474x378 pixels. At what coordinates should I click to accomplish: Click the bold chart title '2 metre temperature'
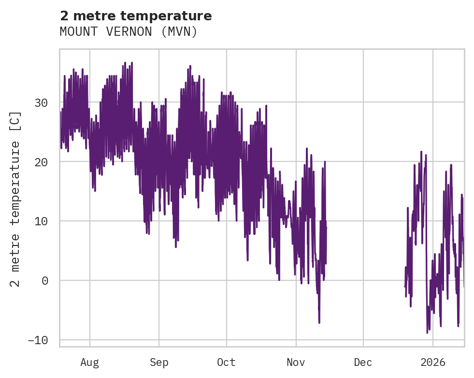pyautogui.click(x=136, y=16)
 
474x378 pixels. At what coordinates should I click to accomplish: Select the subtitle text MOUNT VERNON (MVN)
pyautogui.click(x=129, y=31)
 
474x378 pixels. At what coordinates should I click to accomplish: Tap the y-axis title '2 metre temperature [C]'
pyautogui.click(x=16, y=199)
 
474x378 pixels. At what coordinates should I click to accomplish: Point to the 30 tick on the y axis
pyautogui.click(x=42, y=102)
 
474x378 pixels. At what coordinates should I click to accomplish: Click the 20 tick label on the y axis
pyautogui.click(x=42, y=162)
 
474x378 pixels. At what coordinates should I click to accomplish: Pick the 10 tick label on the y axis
pyautogui.click(x=42, y=221)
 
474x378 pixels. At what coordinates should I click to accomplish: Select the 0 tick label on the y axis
pyautogui.click(x=45, y=281)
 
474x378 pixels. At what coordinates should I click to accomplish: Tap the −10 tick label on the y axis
pyautogui.click(x=38, y=340)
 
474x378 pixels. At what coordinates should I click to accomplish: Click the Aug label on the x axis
pyautogui.click(x=90, y=362)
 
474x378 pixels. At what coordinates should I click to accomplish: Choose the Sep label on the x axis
pyautogui.click(x=158, y=362)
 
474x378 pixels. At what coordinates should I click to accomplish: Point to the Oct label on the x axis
pyautogui.click(x=226, y=362)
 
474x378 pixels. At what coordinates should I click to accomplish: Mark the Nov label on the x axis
pyautogui.click(x=296, y=362)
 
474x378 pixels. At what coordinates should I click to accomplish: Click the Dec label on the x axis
pyautogui.click(x=363, y=362)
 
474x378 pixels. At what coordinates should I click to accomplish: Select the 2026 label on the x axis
pyautogui.click(x=432, y=362)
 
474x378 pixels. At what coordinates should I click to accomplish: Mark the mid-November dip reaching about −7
pyautogui.click(x=319, y=322)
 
